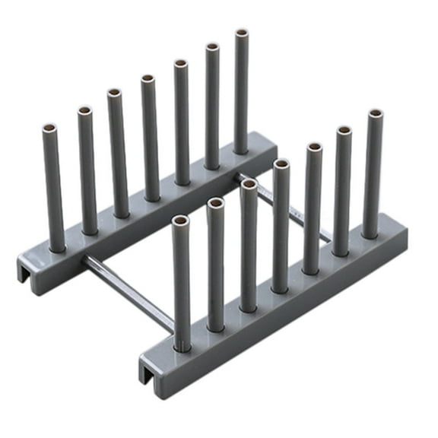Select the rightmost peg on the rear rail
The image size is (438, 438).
click(241, 91)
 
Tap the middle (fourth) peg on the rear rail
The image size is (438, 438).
click(149, 137)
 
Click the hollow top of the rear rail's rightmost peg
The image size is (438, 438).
click(242, 33)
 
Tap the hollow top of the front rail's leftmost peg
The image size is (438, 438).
click(180, 221)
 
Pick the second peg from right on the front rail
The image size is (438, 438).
click(342, 190)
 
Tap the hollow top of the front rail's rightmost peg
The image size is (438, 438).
click(376, 115)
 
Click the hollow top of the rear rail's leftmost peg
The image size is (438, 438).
click(49, 126)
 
